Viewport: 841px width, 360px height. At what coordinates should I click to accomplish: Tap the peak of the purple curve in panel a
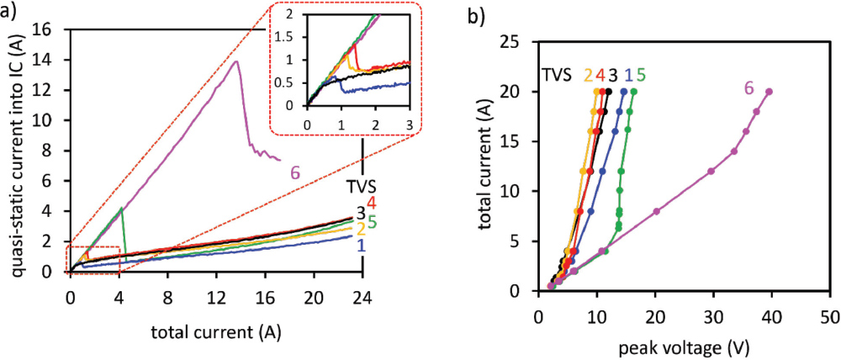pyautogui.click(x=236, y=61)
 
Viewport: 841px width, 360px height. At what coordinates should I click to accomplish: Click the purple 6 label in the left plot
pyautogui.click(x=295, y=172)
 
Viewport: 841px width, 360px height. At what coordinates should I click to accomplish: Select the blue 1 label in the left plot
pyautogui.click(x=362, y=245)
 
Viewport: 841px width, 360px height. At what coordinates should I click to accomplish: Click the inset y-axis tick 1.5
pyautogui.click(x=288, y=38)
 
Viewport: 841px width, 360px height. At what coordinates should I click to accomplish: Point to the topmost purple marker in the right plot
pyautogui.click(x=769, y=92)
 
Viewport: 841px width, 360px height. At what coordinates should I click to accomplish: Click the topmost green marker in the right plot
pyautogui.click(x=633, y=92)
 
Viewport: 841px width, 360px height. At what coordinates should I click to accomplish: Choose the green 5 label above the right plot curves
pyautogui.click(x=641, y=74)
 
